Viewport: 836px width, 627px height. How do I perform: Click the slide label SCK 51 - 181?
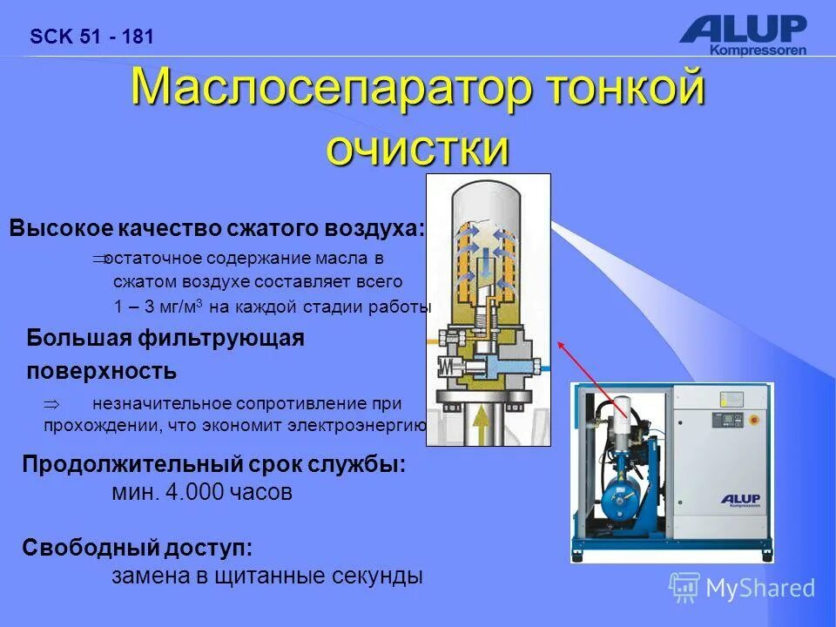[x=91, y=37]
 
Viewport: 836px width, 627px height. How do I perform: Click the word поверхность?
[x=101, y=372]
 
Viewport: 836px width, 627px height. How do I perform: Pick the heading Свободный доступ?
[x=138, y=548]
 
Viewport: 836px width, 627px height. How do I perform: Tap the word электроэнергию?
[x=361, y=426]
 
